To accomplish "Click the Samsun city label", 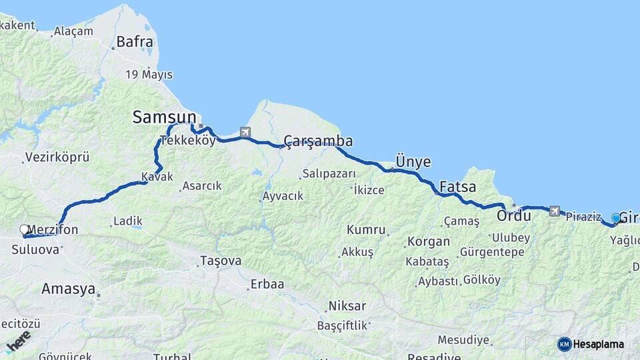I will click(x=164, y=117).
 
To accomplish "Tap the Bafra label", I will click(x=135, y=42).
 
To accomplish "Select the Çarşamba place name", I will click(x=318, y=141).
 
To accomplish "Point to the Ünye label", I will click(x=413, y=162).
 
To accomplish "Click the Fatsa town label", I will click(x=457, y=187).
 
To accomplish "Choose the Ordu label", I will click(x=513, y=215).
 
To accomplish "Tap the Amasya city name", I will click(x=68, y=289).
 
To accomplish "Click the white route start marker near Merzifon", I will click(x=25, y=230).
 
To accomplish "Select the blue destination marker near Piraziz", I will click(x=616, y=218).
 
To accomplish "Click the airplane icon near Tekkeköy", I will click(x=245, y=132).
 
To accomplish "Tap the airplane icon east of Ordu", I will click(x=555, y=211).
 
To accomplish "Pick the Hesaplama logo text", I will click(x=599, y=344).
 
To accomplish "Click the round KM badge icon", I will click(x=564, y=344).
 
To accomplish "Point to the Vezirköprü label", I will click(x=57, y=158).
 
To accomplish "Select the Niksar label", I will click(x=347, y=306).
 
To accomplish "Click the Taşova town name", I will click(x=221, y=261).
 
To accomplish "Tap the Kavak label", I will click(x=157, y=177).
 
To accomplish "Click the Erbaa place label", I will click(x=267, y=284).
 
